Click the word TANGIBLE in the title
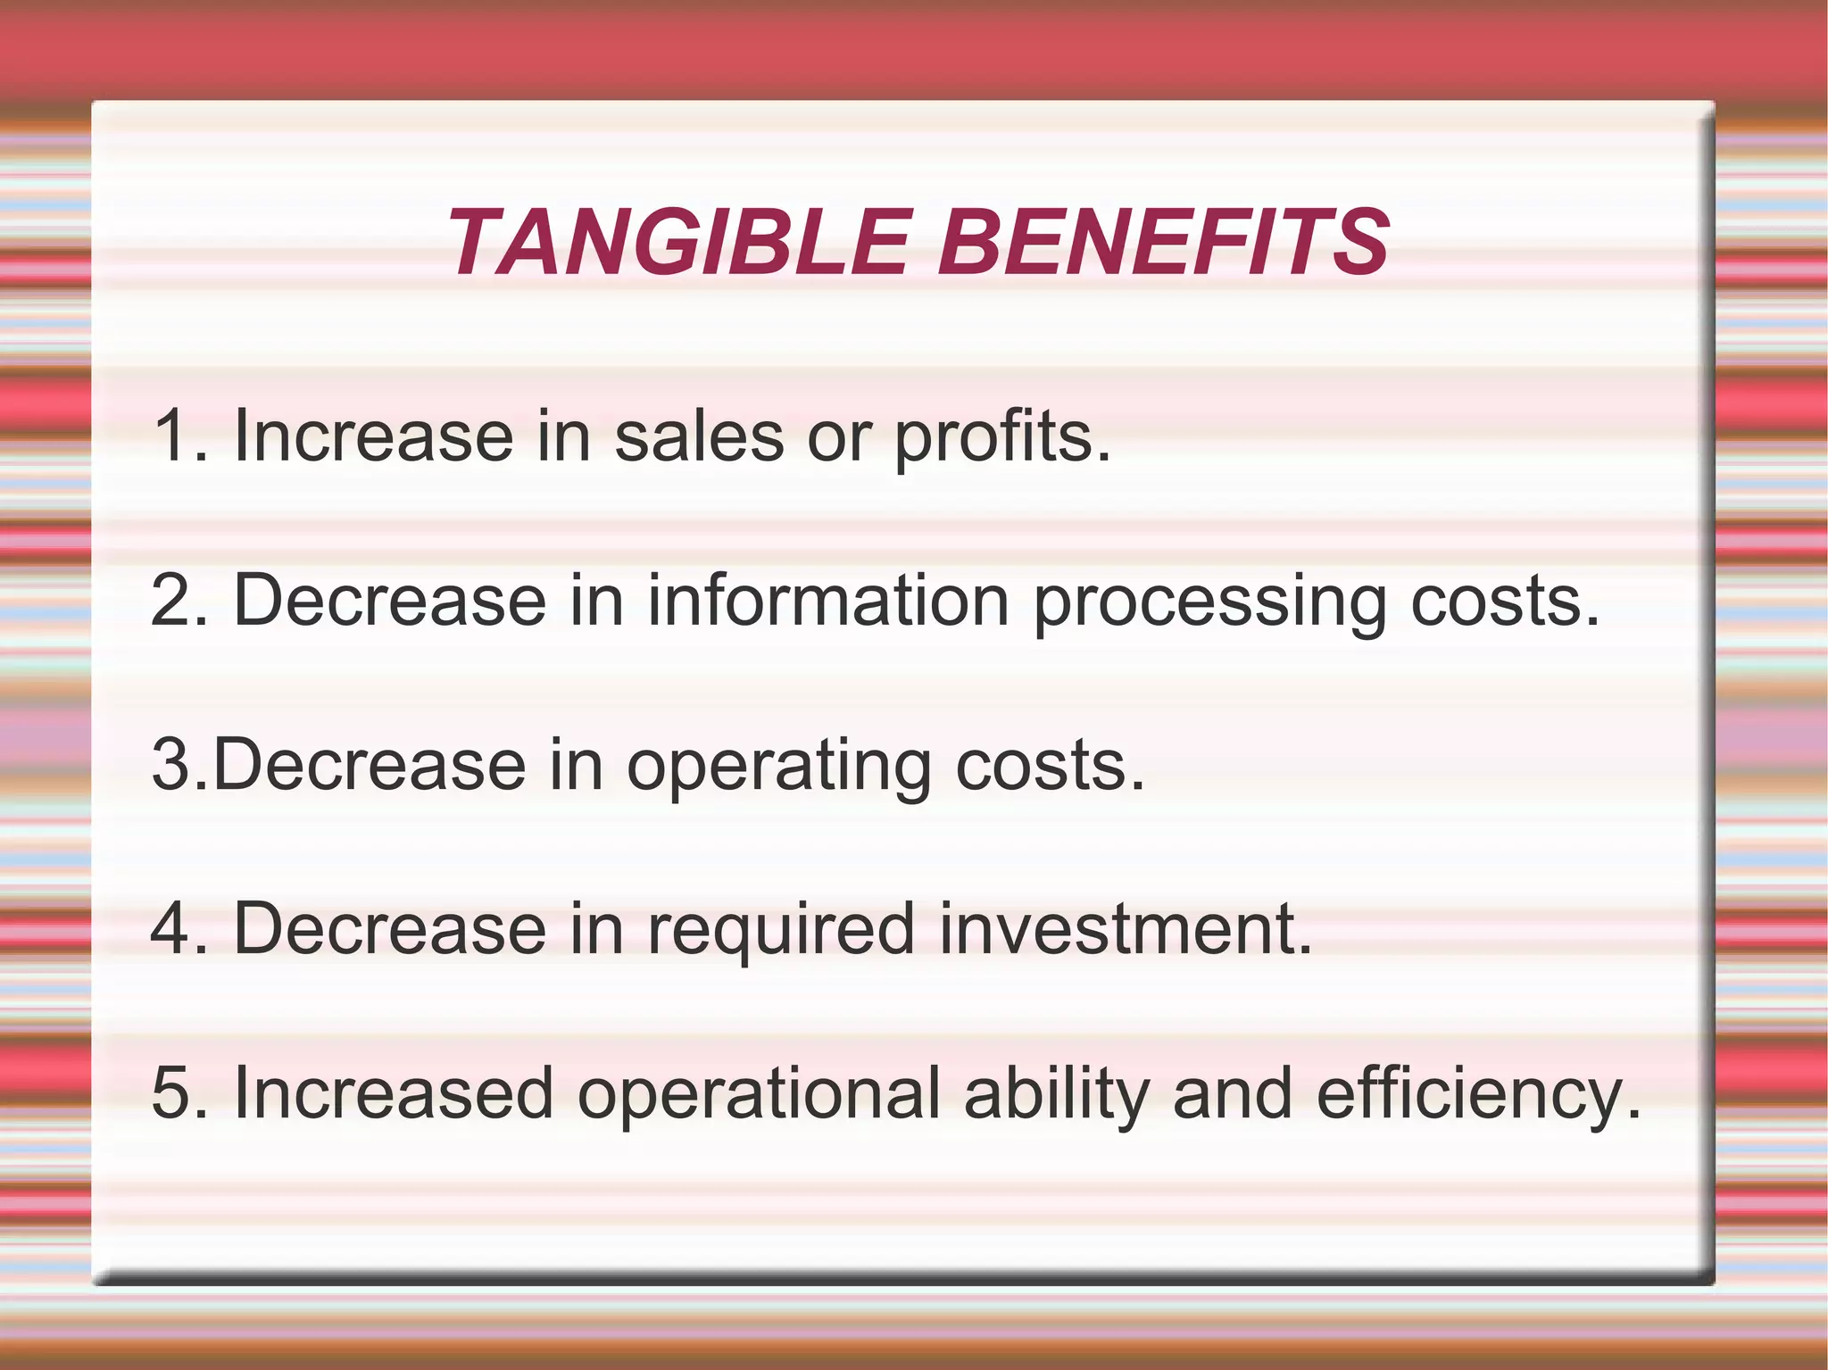[678, 243]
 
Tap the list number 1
[171, 436]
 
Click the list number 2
[171, 601]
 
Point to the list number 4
[171, 929]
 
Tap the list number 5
[171, 1093]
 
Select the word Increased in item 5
[393, 1093]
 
